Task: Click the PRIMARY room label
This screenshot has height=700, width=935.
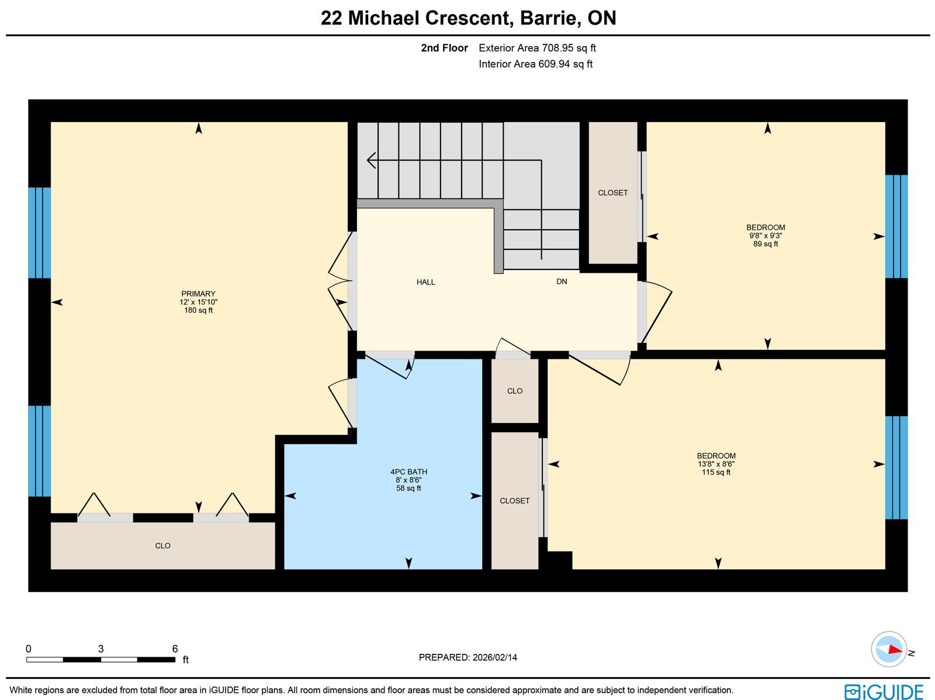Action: point(198,294)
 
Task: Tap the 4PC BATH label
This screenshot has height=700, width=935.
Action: point(408,472)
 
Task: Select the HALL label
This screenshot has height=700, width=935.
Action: point(425,282)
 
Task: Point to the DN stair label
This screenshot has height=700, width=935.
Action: point(562,282)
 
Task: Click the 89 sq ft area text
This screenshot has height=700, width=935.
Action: point(766,244)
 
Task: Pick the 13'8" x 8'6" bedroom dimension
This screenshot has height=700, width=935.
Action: point(716,464)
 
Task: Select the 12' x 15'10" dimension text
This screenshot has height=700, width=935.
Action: point(198,302)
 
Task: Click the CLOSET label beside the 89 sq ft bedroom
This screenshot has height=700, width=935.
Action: point(612,193)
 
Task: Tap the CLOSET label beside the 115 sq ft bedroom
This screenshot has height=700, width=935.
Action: point(515,501)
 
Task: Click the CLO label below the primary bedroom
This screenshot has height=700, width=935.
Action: point(162,545)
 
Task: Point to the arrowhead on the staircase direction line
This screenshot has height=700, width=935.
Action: point(371,161)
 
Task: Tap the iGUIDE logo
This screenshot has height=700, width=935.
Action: point(884,691)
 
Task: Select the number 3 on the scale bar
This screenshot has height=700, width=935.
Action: point(101,649)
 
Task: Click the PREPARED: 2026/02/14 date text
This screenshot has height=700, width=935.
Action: point(467,657)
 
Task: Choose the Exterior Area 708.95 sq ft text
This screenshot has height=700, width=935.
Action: point(537,48)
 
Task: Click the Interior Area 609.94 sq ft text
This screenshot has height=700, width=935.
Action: point(535,64)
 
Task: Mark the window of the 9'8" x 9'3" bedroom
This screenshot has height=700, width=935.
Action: point(896,227)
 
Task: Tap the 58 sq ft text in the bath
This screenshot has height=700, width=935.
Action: point(408,488)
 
